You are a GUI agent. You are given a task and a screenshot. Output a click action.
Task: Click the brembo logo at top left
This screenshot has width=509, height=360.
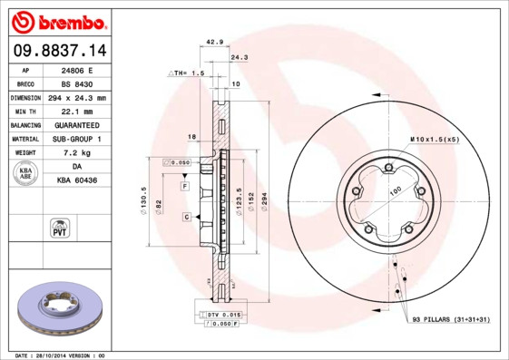pyautogui.click(x=55, y=20)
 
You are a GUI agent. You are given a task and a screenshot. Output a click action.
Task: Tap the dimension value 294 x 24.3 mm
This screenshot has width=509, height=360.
pyautogui.click(x=77, y=97)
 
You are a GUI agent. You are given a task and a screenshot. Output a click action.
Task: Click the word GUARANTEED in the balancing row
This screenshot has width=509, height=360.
pyautogui.click(x=76, y=124)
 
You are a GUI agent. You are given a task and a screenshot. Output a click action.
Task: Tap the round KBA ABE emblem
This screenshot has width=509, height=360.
pyautogui.click(x=24, y=174)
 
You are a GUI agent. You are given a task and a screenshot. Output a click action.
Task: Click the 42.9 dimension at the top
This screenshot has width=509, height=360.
pyautogui.click(x=215, y=42)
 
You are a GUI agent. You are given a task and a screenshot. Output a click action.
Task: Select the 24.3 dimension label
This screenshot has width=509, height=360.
pyautogui.click(x=240, y=56)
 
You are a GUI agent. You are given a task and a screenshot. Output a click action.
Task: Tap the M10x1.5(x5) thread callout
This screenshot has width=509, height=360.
pyautogui.click(x=434, y=139)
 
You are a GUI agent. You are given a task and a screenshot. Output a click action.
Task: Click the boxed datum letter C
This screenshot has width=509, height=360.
pyautogui.click(x=186, y=217)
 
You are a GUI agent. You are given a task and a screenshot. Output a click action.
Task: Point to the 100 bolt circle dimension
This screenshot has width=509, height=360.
pyautogui.click(x=395, y=192)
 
